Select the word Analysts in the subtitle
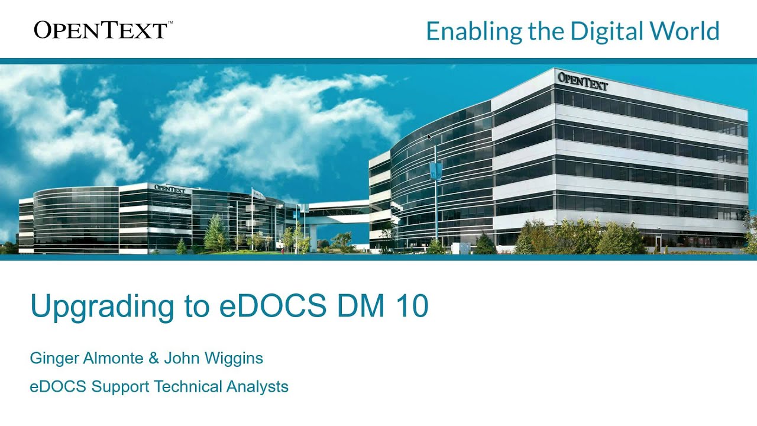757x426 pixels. click(x=258, y=387)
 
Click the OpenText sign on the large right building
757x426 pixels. click(x=583, y=81)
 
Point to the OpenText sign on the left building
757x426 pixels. click(x=170, y=189)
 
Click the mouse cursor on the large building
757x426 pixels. click(x=429, y=137)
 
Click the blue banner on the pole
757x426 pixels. click(x=436, y=172)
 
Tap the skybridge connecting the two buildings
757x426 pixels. click(x=339, y=209)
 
